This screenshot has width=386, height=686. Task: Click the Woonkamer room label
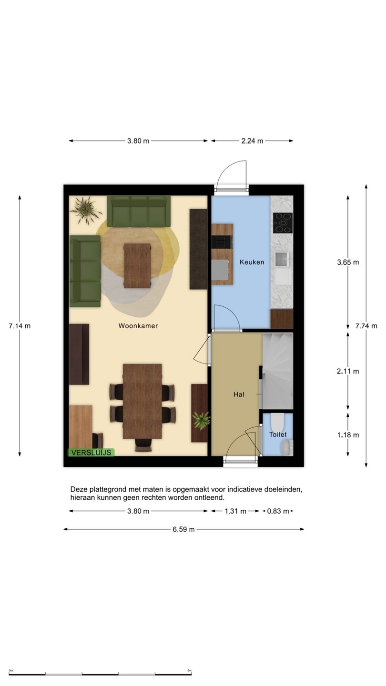tap(138, 326)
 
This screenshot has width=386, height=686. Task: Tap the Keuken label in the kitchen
tap(252, 262)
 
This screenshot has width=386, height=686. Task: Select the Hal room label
tap(239, 394)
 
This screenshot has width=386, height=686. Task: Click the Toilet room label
tap(278, 434)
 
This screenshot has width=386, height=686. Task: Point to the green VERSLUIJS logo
tap(91, 453)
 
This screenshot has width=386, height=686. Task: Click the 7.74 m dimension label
tap(366, 326)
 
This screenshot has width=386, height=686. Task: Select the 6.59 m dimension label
tap(183, 530)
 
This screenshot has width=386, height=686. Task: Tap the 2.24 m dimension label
tap(252, 141)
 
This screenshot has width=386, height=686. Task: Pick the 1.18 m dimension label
tap(348, 435)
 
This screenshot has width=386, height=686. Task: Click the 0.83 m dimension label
tap(278, 511)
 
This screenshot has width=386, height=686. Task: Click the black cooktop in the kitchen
tap(283, 222)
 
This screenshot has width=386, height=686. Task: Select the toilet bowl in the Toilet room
tap(277, 422)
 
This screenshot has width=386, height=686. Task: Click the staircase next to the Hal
tap(277, 371)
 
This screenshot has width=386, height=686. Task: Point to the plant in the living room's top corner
tap(86, 211)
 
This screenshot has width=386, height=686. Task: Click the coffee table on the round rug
tap(137, 266)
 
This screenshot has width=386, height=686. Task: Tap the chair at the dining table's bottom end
tap(143, 445)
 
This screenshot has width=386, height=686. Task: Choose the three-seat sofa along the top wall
tap(139, 212)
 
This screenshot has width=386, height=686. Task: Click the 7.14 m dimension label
tap(20, 326)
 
